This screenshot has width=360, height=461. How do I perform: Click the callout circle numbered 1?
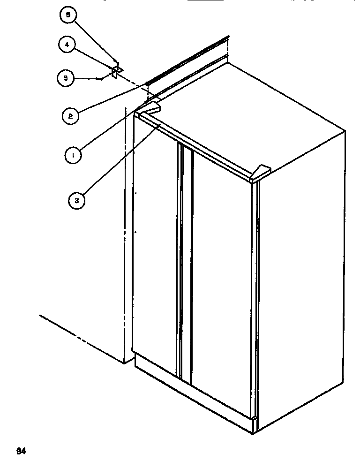72,154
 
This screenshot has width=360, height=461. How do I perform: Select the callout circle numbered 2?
70,115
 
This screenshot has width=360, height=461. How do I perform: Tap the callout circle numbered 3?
76,201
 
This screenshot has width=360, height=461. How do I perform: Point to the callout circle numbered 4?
67,45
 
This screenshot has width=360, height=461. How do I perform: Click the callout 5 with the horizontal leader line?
66,78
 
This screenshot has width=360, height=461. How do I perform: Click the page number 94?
21,452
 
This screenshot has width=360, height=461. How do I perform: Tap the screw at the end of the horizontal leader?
101,79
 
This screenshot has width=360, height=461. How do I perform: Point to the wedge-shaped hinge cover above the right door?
261,172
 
